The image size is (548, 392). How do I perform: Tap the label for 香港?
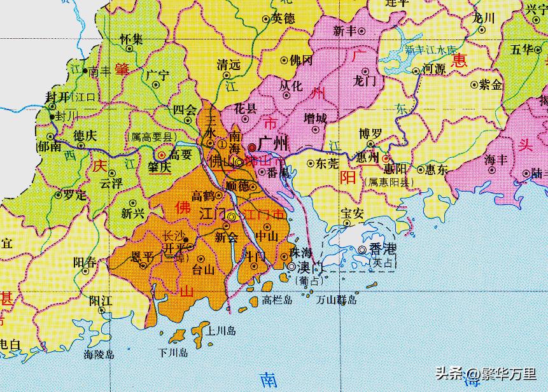click(x=381, y=250)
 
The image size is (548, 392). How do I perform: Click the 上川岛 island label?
click(x=221, y=331)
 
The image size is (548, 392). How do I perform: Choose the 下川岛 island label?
click(x=173, y=352)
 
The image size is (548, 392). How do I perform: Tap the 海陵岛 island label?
click(x=98, y=354)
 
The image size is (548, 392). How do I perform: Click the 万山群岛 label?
click(x=338, y=299)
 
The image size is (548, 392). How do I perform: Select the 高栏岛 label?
click(x=279, y=299)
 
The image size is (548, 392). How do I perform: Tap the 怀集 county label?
click(x=131, y=39)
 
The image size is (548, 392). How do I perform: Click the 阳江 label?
click(x=101, y=299)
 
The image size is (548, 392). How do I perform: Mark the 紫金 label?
click(x=490, y=84)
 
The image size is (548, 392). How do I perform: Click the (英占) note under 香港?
click(x=382, y=262)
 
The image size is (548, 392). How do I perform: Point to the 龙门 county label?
click(x=366, y=81)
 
